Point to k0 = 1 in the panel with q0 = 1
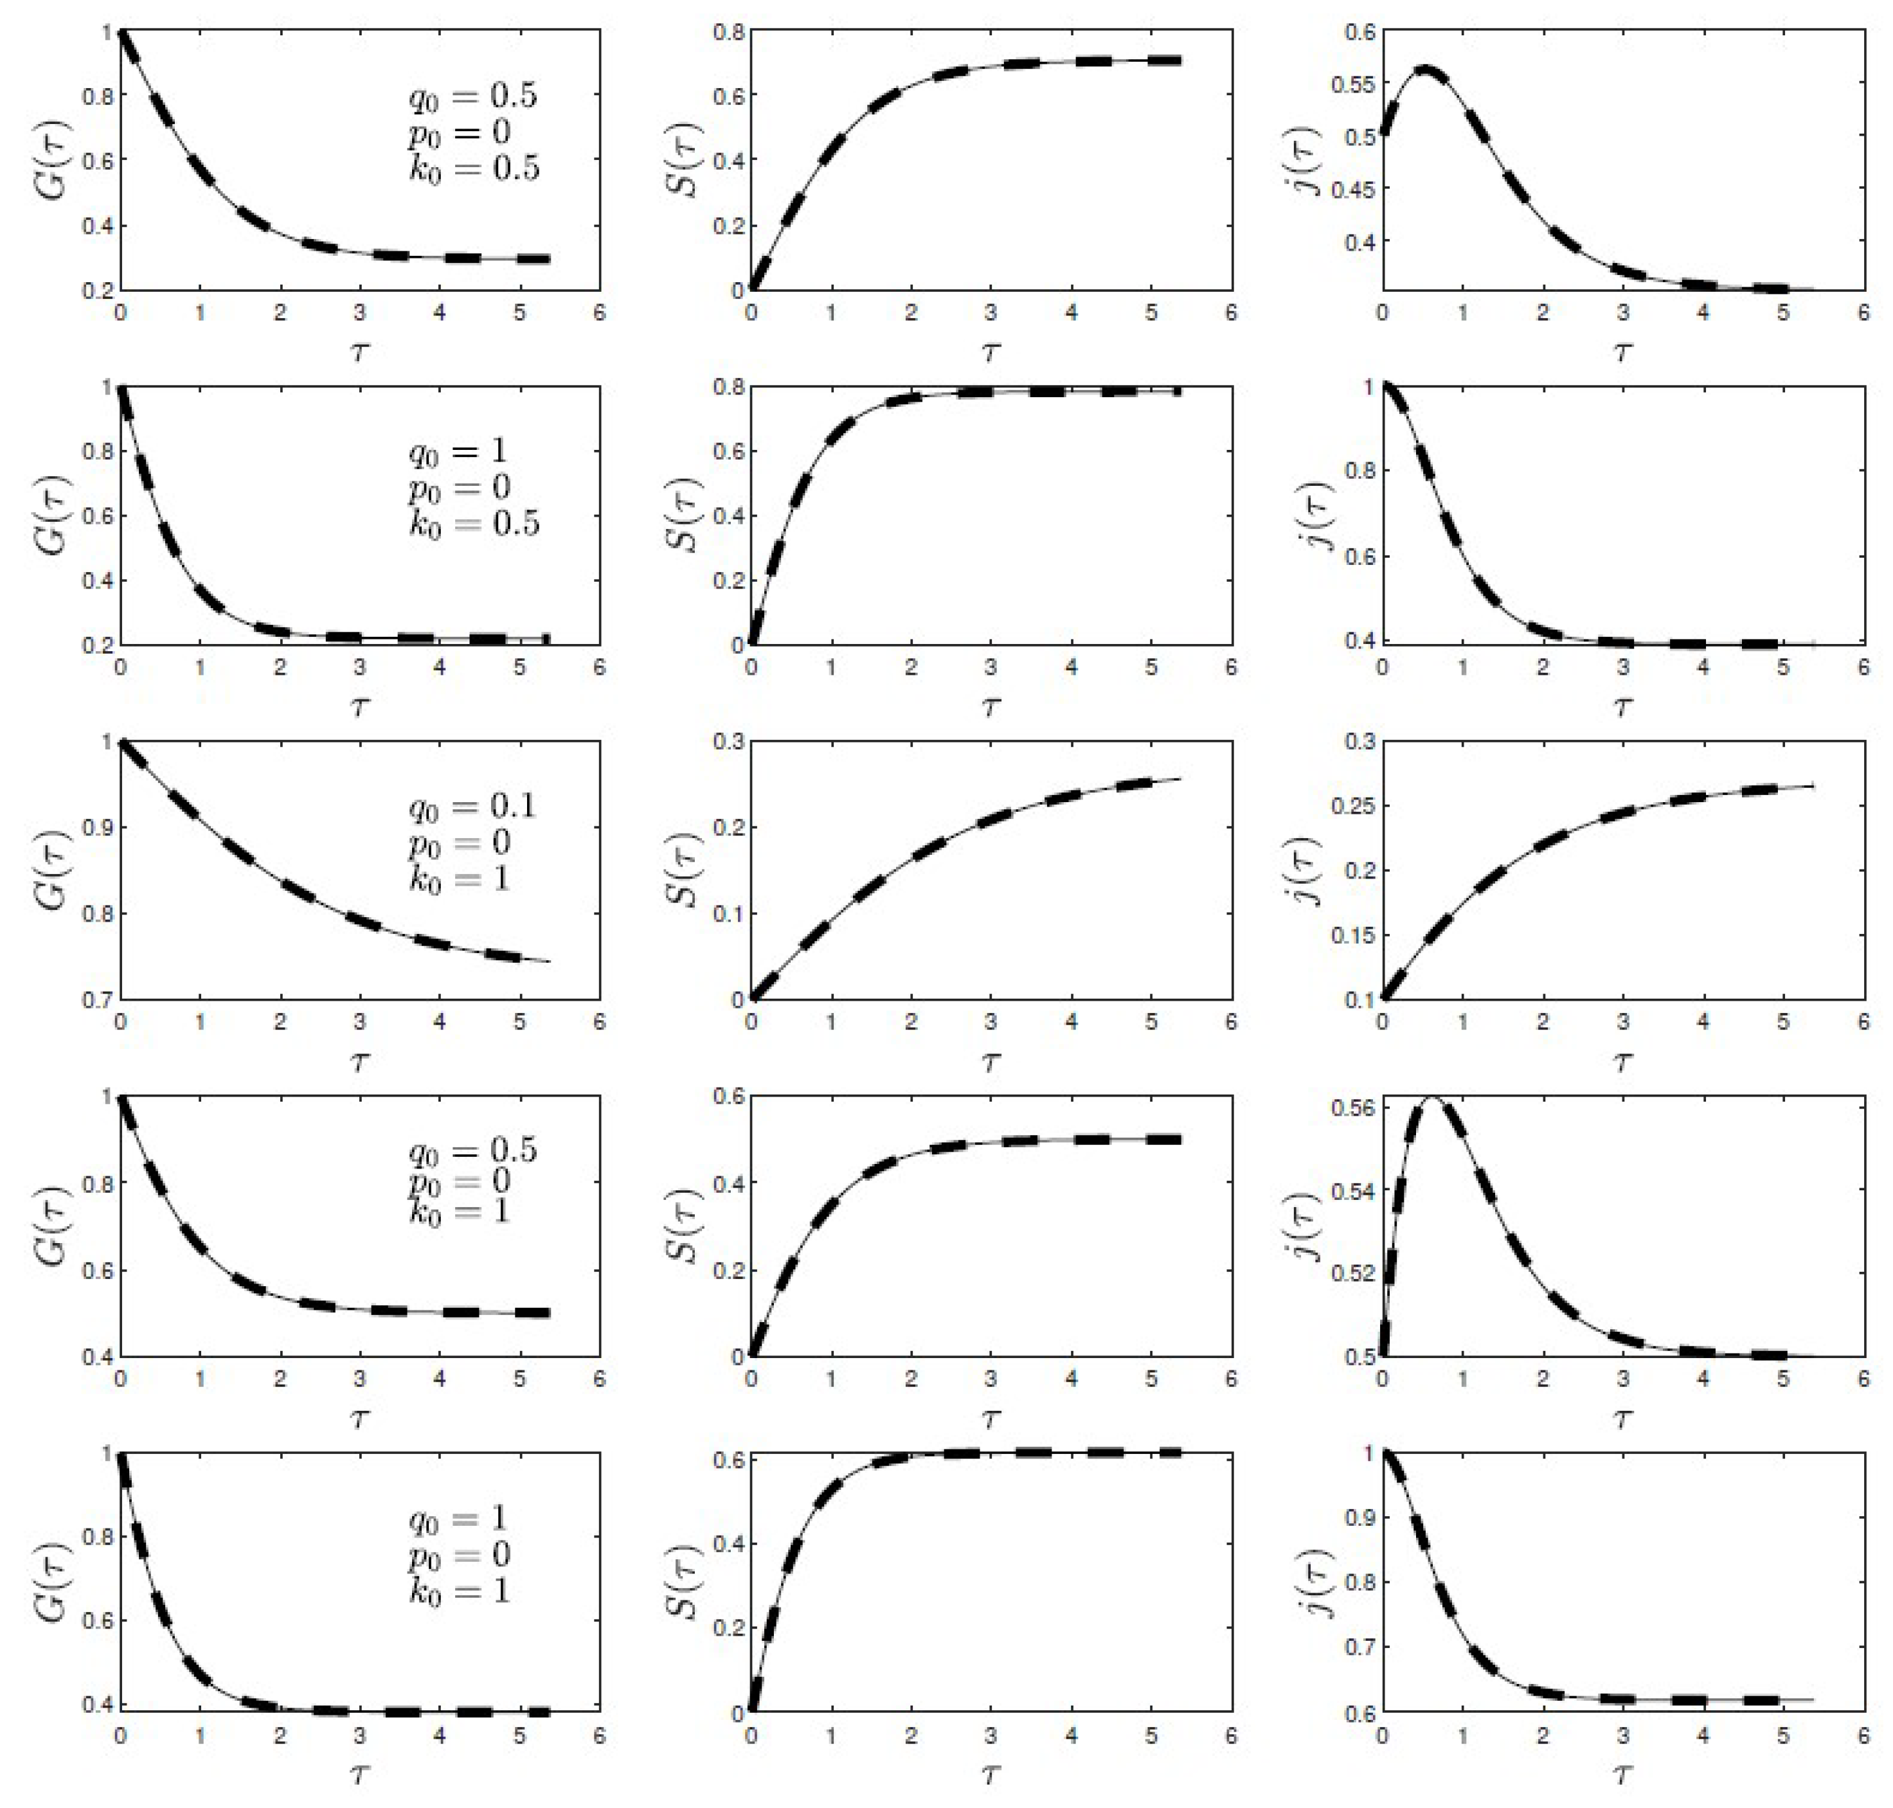[x=459, y=1590]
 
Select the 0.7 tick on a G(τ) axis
[x=96, y=999]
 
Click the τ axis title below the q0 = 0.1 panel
[x=359, y=1062]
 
